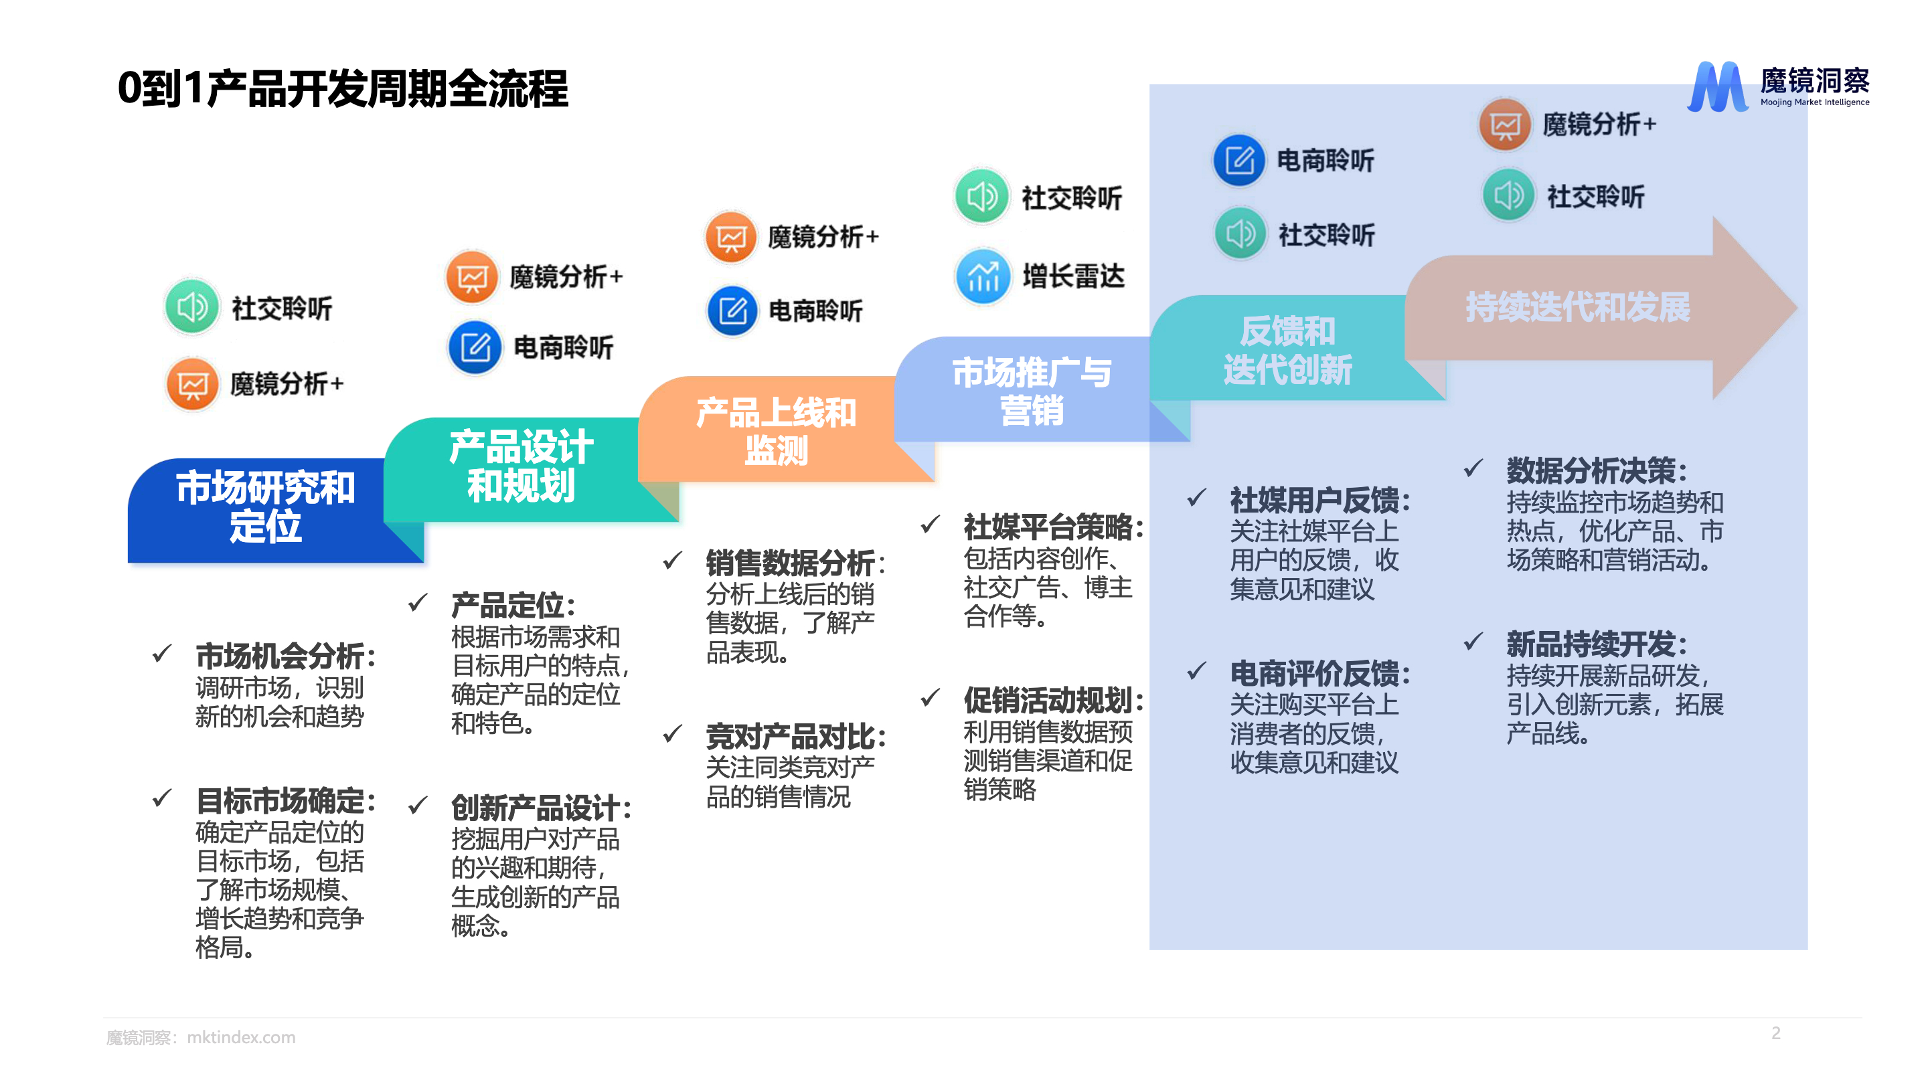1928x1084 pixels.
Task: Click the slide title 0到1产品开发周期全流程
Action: point(343,88)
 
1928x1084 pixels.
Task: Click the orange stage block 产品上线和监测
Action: point(775,431)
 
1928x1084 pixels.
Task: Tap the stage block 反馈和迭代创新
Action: point(1287,350)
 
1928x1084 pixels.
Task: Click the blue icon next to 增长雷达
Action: point(983,276)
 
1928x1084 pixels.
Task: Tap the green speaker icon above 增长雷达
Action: point(981,197)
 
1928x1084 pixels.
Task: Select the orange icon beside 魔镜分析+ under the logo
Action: point(1504,124)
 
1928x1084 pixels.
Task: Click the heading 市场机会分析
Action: point(285,656)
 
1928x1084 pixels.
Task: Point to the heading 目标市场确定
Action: point(285,801)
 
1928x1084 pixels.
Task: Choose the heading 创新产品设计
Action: point(540,808)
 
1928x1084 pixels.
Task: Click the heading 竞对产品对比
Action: point(795,737)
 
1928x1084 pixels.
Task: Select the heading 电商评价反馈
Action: point(1319,674)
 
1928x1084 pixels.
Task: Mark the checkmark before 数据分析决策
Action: point(1472,468)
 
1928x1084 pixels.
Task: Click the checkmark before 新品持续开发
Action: point(1472,641)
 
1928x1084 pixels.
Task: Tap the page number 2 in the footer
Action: point(1775,1033)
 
